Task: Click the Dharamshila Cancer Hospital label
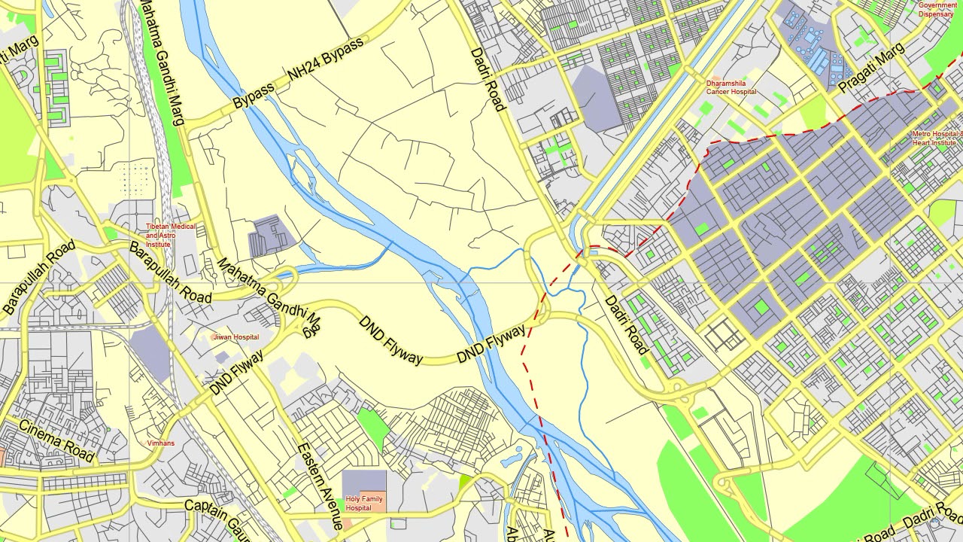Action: (x=731, y=87)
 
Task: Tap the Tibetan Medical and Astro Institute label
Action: (x=170, y=235)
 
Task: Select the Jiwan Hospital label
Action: (x=235, y=337)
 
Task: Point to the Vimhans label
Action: (x=160, y=443)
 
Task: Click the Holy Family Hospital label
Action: (x=363, y=503)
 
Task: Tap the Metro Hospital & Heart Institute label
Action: (x=937, y=138)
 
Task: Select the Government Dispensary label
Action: (x=937, y=9)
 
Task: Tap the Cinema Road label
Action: (x=56, y=440)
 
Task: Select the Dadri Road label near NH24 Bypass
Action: (x=488, y=79)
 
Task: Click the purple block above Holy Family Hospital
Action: (x=364, y=483)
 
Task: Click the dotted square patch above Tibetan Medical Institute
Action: (x=136, y=178)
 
